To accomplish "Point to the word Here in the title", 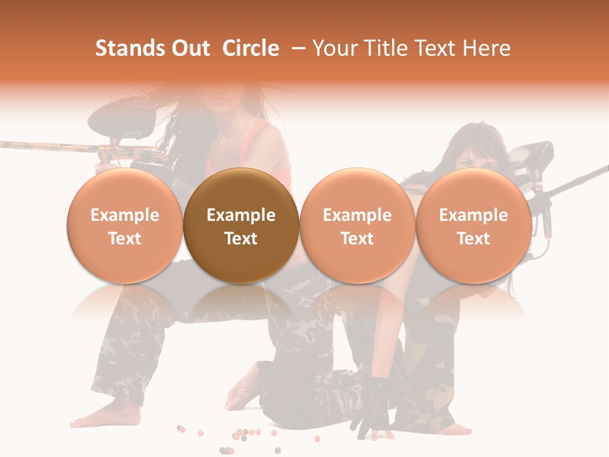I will coord(488,48).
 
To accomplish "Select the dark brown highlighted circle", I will coord(241,225).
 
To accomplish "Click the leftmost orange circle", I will coord(125,225).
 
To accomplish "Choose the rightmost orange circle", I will coord(474,225).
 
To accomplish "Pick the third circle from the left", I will coord(357,225).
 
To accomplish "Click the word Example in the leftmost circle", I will coord(125,215).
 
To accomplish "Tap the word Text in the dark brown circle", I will coord(241,239).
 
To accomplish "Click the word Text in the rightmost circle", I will coord(474,239).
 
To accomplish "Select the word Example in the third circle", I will coord(357,215).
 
